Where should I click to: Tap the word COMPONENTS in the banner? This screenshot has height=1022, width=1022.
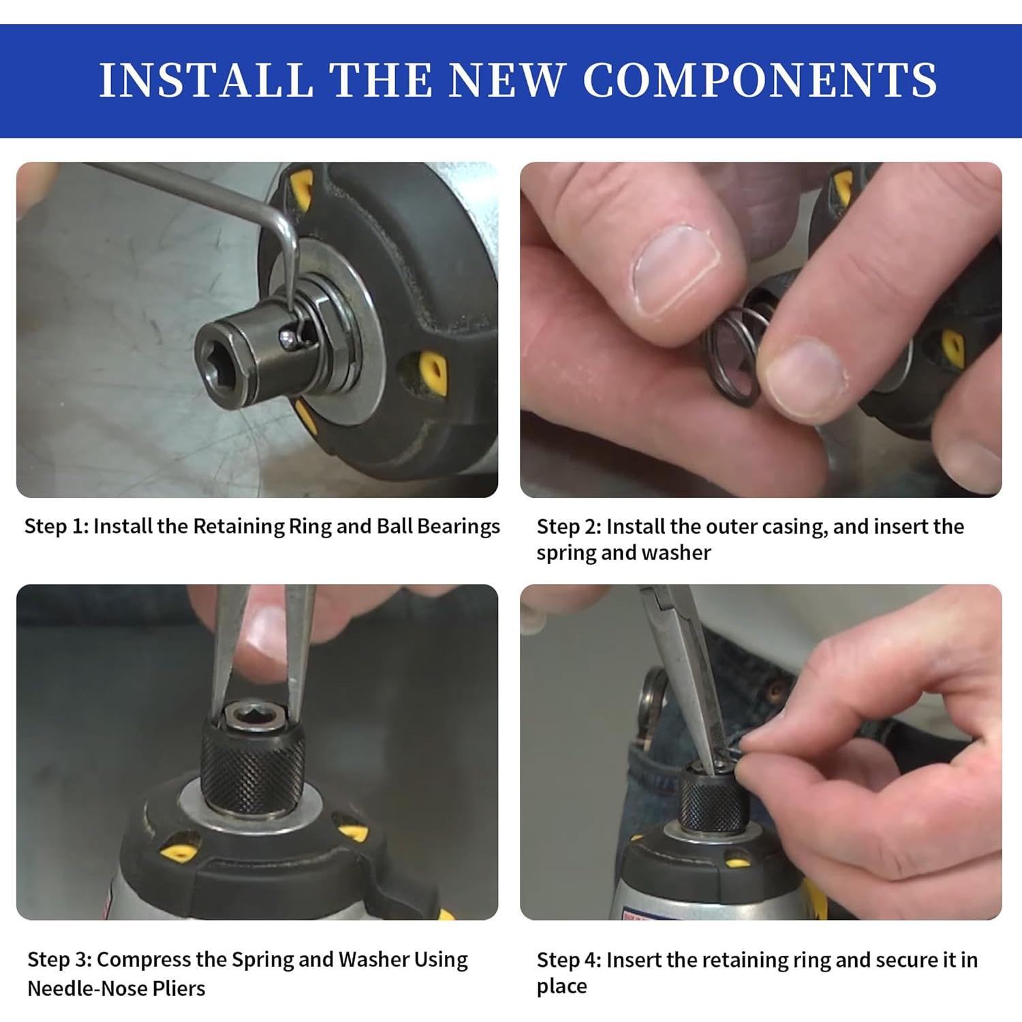pos(760,80)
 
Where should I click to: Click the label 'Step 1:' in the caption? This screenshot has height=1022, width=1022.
pos(56,527)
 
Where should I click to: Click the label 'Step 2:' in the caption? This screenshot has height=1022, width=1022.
pos(568,527)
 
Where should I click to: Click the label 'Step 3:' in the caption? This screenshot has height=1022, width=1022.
pos(59,960)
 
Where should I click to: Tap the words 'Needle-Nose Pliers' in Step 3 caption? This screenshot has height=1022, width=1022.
pos(116,988)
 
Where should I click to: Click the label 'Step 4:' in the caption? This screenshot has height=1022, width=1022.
pos(568,960)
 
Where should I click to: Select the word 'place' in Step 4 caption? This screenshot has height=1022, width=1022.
pos(561,987)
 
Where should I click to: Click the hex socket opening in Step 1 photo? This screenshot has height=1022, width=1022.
pos(217,351)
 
